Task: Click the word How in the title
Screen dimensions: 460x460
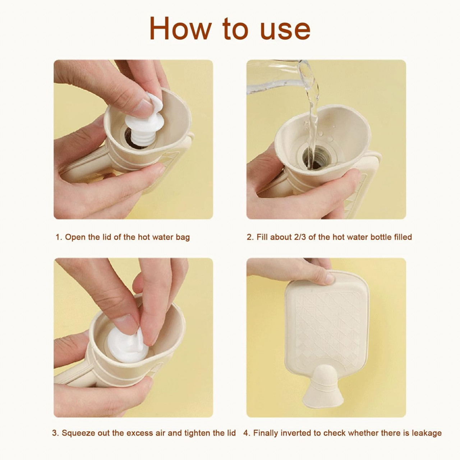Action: pyautogui.click(x=179, y=28)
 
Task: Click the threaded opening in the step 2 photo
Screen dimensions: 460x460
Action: pyautogui.click(x=316, y=158)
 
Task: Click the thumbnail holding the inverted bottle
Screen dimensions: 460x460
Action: pyautogui.click(x=328, y=278)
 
